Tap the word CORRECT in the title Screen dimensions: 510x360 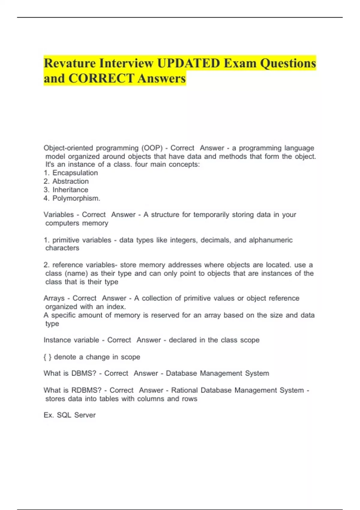(x=101, y=79)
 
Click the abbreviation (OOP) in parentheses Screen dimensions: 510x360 (x=152, y=148)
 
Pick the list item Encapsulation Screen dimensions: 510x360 (x=75, y=173)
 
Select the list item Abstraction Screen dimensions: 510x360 (x=70, y=181)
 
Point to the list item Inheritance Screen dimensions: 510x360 (x=70, y=190)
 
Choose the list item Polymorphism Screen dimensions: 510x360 (x=76, y=198)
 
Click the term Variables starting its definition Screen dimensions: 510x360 (x=58, y=214)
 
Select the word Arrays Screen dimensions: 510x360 (x=54, y=298)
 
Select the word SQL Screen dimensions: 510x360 (x=64, y=415)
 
